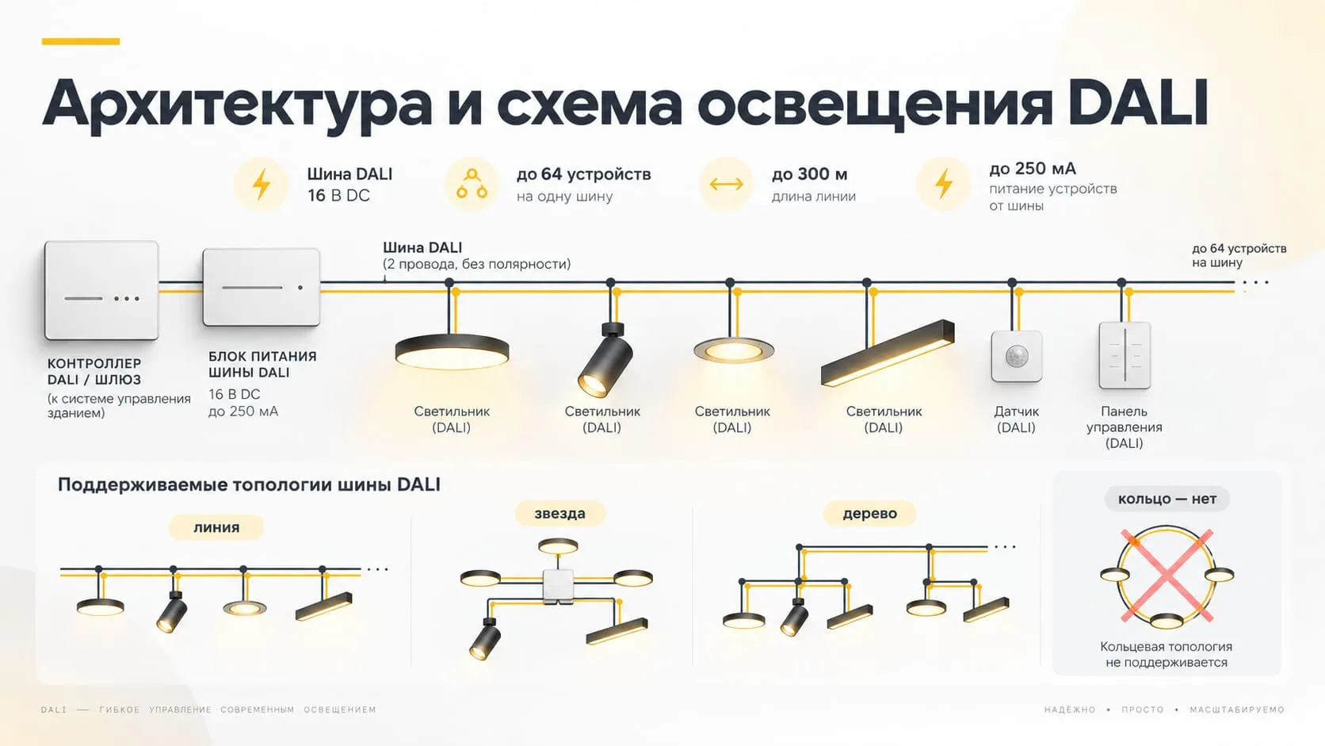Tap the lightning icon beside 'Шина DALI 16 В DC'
(x=261, y=184)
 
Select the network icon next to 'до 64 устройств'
(x=472, y=183)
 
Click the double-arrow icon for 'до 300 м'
(x=726, y=184)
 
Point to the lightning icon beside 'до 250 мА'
(x=944, y=183)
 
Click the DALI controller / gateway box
(x=101, y=290)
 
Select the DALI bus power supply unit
(x=261, y=287)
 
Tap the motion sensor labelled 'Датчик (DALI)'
(x=1016, y=356)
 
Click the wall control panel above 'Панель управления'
(x=1125, y=355)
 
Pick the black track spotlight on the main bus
(x=606, y=360)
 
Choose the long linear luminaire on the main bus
(x=888, y=354)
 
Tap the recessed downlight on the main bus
(x=734, y=350)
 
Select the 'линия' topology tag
(x=216, y=527)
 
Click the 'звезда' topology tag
(x=559, y=513)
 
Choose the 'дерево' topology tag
(x=869, y=513)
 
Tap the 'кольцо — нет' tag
(x=1167, y=499)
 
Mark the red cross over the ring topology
(x=1167, y=576)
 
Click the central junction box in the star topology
(x=559, y=587)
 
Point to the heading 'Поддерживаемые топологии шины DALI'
(x=249, y=484)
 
